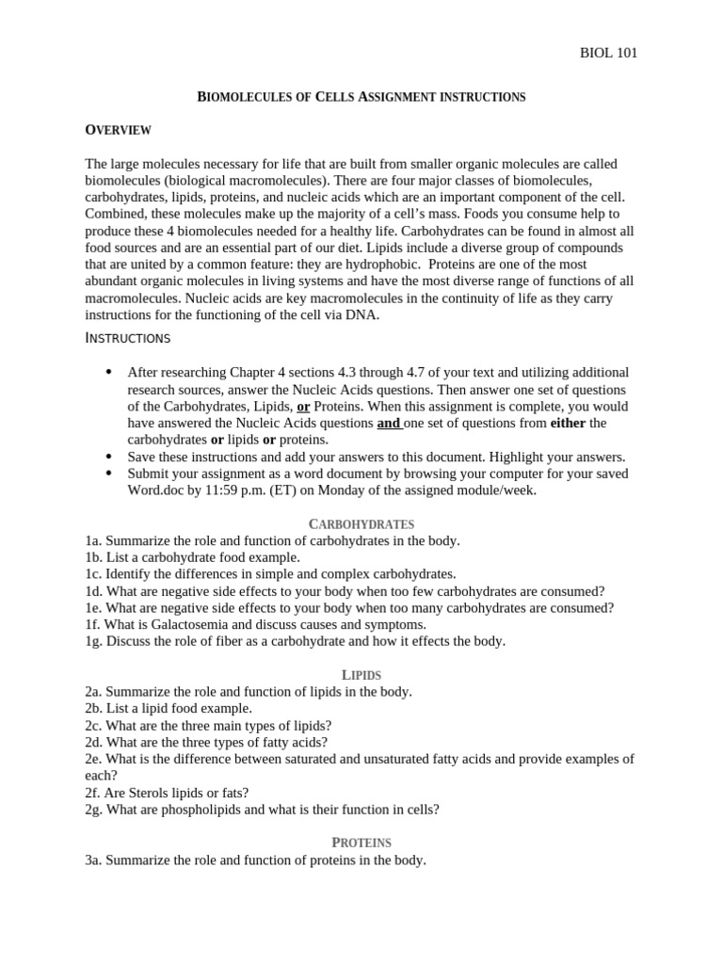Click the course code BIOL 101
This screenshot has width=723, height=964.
click(608, 53)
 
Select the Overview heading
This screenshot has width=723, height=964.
click(118, 130)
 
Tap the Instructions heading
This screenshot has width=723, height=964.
click(128, 338)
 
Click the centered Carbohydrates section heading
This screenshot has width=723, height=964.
click(361, 523)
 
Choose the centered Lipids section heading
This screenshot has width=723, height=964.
click(361, 674)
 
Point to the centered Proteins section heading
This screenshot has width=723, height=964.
click(361, 843)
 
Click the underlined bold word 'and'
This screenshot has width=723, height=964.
click(388, 424)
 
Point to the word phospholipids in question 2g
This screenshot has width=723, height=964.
click(183, 810)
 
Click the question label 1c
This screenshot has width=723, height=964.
click(92, 573)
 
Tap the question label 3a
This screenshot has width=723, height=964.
click(92, 860)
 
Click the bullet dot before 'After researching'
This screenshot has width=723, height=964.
click(109, 372)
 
